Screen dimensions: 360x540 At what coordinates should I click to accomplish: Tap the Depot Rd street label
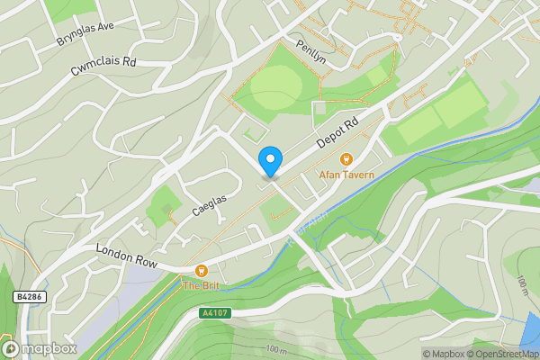pyautogui.click(x=338, y=134)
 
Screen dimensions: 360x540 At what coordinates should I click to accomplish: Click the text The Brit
pyautogui.click(x=201, y=285)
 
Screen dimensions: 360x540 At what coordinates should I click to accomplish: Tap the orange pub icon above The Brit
pyautogui.click(x=202, y=270)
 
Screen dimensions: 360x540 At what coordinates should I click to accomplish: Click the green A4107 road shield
pyautogui.click(x=213, y=313)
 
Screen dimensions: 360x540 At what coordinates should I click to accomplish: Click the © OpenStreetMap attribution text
pyautogui.click(x=503, y=354)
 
